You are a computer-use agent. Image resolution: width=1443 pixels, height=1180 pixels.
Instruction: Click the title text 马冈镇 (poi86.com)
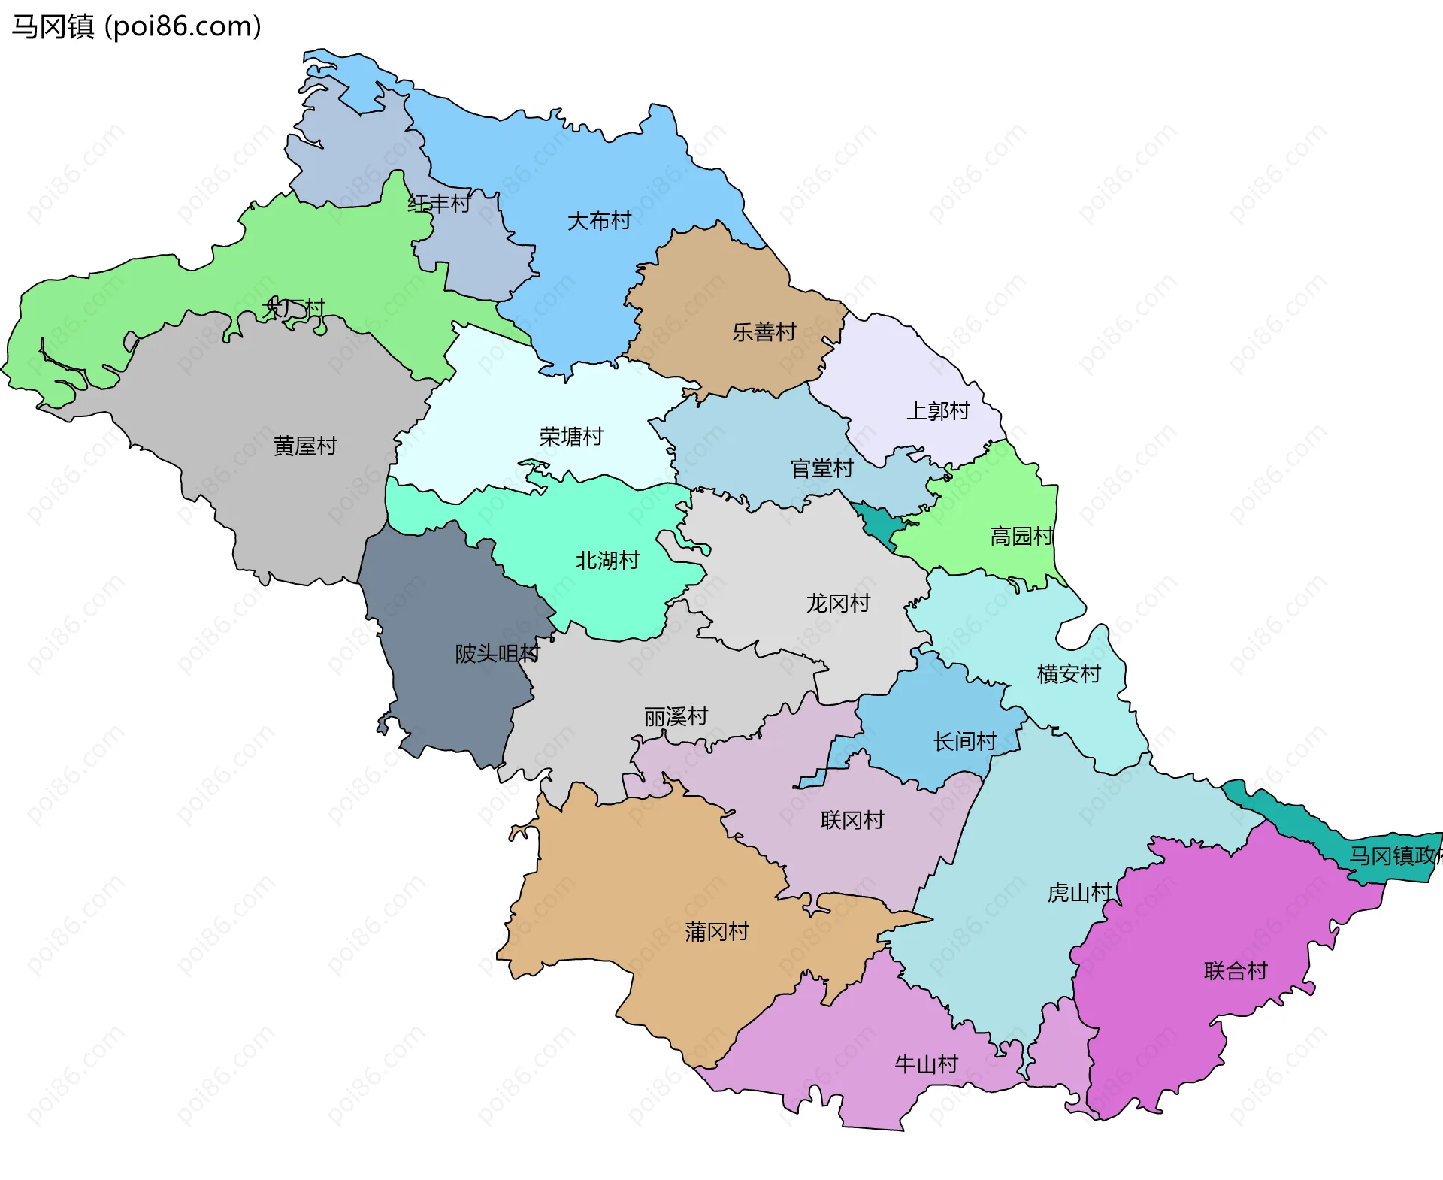click(x=136, y=26)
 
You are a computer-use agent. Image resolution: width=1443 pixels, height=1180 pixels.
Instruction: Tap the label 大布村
click(x=599, y=221)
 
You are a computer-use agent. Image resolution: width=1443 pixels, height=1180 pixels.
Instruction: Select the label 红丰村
click(x=439, y=204)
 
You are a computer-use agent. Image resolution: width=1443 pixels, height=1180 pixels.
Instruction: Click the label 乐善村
click(x=764, y=332)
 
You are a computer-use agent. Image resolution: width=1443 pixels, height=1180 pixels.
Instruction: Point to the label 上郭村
click(x=938, y=411)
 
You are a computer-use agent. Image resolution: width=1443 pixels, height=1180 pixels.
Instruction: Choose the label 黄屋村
click(x=305, y=446)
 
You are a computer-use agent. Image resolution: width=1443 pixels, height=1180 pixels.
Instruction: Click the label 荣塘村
click(x=571, y=437)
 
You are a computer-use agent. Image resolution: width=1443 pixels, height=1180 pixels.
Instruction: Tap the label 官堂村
click(x=822, y=469)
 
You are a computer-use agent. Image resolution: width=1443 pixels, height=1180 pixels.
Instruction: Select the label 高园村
click(x=1021, y=537)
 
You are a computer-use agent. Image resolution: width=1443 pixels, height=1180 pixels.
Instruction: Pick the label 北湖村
click(x=607, y=561)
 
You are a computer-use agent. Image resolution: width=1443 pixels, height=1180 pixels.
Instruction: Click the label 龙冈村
click(x=838, y=604)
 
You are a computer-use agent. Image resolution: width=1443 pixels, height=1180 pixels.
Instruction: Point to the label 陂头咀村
click(x=498, y=654)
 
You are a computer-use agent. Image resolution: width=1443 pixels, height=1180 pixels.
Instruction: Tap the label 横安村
click(x=1069, y=674)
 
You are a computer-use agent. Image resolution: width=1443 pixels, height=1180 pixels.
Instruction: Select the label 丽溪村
click(x=676, y=717)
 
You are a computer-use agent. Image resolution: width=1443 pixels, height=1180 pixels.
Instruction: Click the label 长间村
click(x=965, y=742)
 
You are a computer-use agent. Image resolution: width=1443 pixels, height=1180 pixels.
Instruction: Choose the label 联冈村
click(x=852, y=820)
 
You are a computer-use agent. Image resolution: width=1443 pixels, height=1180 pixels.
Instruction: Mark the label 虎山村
click(x=1079, y=893)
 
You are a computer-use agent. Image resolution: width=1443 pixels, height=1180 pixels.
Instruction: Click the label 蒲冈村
click(x=717, y=932)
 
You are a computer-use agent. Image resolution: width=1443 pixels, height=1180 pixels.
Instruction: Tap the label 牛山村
click(x=926, y=1064)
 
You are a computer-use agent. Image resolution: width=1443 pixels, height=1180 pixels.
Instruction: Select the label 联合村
click(x=1236, y=971)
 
